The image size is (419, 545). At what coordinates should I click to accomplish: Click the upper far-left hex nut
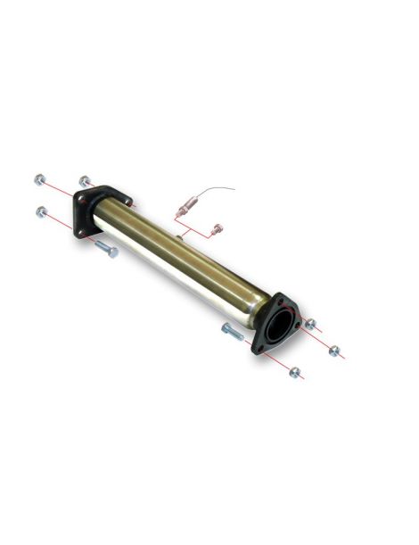click(39, 180)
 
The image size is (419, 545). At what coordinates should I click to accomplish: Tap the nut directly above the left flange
click(84, 181)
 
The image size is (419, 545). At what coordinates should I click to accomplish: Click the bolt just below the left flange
click(104, 249)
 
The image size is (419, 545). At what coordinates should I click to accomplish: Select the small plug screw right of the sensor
click(214, 231)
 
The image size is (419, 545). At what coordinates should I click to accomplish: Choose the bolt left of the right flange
click(231, 332)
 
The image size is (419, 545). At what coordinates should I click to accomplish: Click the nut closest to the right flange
click(310, 324)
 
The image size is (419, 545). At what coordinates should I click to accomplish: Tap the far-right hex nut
click(334, 351)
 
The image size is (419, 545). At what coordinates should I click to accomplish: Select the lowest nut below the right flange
click(295, 372)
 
